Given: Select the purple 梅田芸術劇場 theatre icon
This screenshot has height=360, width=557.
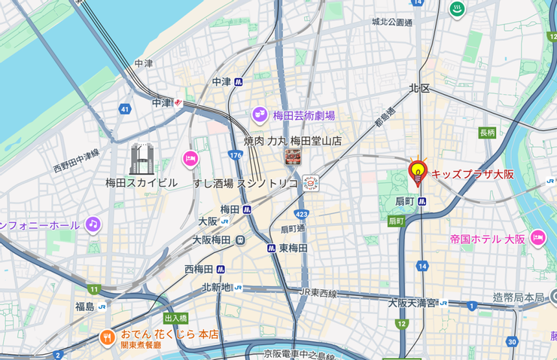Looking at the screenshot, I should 260,115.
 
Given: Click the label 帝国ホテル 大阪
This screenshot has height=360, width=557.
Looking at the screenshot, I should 488,239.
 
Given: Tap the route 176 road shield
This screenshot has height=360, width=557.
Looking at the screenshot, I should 236,155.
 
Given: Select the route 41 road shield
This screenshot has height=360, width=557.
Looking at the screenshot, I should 124,109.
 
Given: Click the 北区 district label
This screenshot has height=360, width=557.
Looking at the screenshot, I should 419,89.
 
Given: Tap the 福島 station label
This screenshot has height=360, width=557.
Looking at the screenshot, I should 84,307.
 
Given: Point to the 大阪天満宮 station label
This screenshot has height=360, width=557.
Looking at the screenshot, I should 412,303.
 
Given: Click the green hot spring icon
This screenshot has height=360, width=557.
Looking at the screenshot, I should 456,10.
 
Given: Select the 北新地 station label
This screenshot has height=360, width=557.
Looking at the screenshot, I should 216,288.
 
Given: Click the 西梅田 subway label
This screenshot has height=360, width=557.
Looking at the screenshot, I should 199,269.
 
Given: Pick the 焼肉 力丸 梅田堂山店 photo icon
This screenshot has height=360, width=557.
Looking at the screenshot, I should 292,157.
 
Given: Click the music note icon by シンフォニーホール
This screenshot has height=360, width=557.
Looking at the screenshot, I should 93,224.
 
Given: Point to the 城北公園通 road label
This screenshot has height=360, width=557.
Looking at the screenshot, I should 391,23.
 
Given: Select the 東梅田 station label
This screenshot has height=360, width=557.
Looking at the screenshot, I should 293,248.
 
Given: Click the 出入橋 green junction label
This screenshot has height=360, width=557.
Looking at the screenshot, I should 175,319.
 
